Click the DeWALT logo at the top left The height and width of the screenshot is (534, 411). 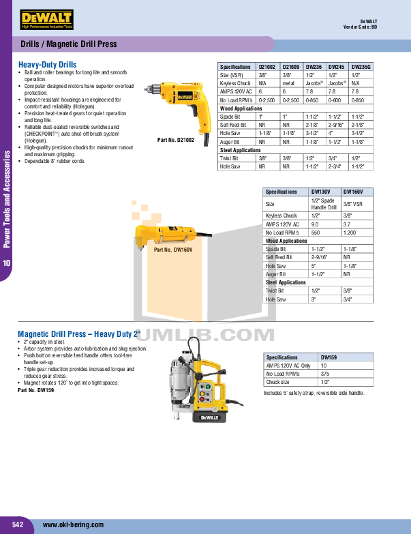pyautogui.click(x=46, y=19)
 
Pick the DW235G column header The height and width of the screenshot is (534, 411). pyautogui.click(x=361, y=67)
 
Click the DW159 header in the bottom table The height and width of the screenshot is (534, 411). pyautogui.click(x=329, y=357)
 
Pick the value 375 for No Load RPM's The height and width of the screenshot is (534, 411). pyautogui.click(x=326, y=374)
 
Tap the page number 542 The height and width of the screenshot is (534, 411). pyautogui.click(x=18, y=524)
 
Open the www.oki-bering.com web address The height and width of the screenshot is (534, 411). pyautogui.click(x=73, y=524)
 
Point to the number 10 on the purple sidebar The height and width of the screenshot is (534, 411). pyautogui.click(x=7, y=263)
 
